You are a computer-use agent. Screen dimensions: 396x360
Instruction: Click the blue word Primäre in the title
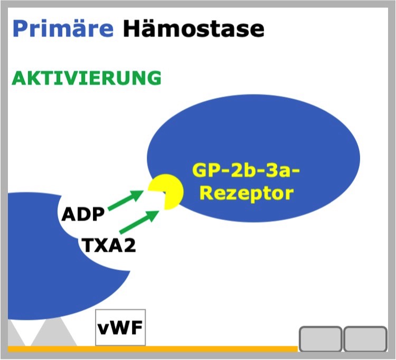click(63, 29)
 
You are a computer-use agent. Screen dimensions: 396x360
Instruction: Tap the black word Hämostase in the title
click(194, 29)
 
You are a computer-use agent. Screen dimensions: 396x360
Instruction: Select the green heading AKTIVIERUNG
click(87, 78)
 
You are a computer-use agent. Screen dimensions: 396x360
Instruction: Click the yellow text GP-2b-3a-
click(246, 170)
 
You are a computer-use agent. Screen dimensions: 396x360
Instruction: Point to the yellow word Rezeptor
click(247, 193)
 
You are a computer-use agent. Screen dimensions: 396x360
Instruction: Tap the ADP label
click(83, 214)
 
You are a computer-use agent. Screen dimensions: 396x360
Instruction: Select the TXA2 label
click(108, 245)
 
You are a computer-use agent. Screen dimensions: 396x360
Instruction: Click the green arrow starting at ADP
click(126, 200)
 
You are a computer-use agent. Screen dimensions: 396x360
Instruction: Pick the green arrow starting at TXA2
click(139, 222)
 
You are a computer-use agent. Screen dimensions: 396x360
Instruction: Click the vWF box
click(120, 327)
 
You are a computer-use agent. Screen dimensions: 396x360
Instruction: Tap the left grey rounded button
click(320, 339)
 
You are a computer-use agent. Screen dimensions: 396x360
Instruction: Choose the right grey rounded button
click(365, 339)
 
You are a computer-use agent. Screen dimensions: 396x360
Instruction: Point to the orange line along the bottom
click(153, 349)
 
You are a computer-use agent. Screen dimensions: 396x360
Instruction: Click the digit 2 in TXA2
click(130, 245)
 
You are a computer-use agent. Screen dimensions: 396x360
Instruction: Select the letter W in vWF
click(120, 327)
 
